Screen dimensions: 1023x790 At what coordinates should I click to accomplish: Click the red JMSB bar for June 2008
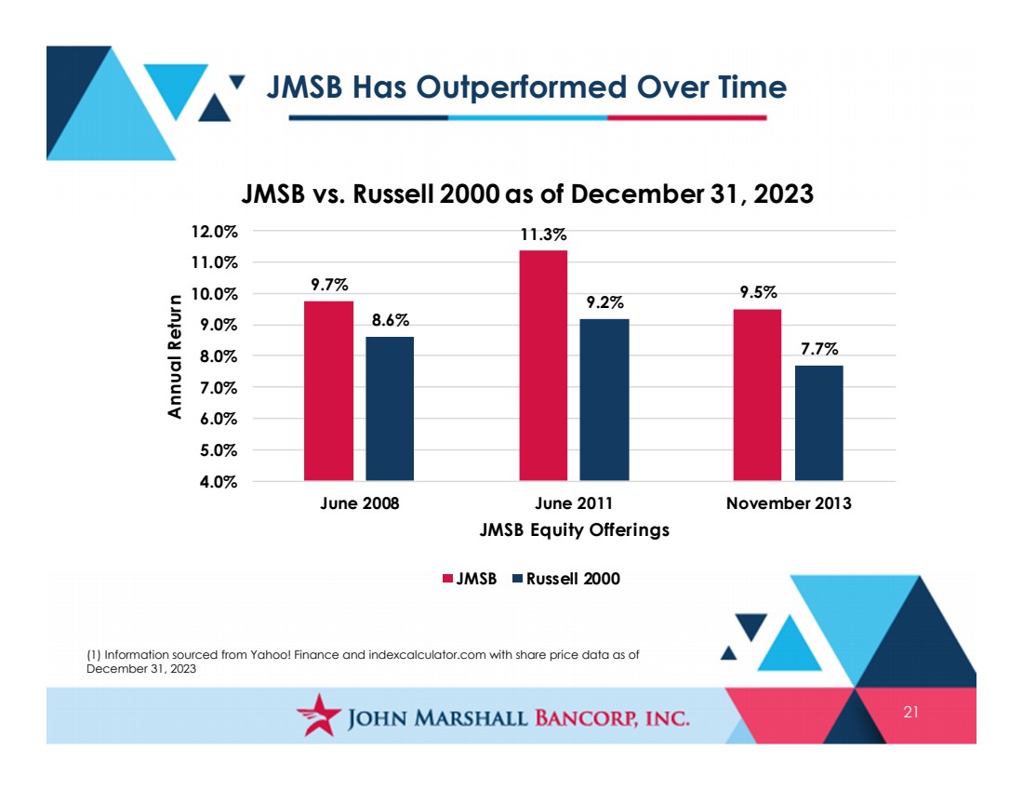(x=329, y=391)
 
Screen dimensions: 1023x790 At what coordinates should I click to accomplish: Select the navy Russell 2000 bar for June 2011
(x=604, y=400)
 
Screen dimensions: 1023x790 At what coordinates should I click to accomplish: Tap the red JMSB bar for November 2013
(x=757, y=395)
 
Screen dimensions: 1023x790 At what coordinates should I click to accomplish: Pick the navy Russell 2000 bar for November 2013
(x=818, y=423)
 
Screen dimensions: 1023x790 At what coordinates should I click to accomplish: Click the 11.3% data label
(x=543, y=235)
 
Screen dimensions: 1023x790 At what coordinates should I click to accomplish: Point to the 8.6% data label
(x=391, y=321)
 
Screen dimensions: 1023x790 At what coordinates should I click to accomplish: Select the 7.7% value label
(x=819, y=349)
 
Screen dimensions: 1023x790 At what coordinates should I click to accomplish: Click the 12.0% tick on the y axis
(x=214, y=232)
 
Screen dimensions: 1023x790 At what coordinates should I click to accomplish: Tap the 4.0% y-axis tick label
(x=219, y=483)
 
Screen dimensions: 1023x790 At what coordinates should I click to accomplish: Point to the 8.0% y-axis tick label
(x=219, y=357)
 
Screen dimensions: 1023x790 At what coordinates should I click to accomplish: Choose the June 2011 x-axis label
(x=574, y=503)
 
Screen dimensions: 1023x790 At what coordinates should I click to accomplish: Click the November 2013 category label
(x=789, y=503)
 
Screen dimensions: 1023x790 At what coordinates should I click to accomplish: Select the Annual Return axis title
(x=174, y=356)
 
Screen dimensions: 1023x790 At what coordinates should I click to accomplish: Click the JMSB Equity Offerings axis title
(x=574, y=529)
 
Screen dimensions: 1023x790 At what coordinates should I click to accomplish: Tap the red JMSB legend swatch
(x=447, y=579)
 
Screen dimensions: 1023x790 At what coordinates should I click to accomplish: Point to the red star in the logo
(x=319, y=715)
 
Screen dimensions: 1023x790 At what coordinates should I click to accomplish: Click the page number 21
(x=910, y=713)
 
